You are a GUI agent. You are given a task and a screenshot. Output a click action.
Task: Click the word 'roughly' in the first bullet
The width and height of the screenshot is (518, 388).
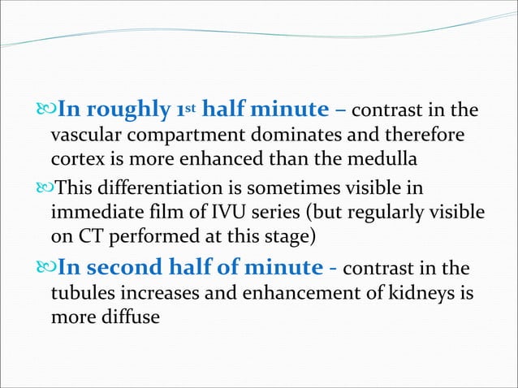(x=123, y=111)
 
